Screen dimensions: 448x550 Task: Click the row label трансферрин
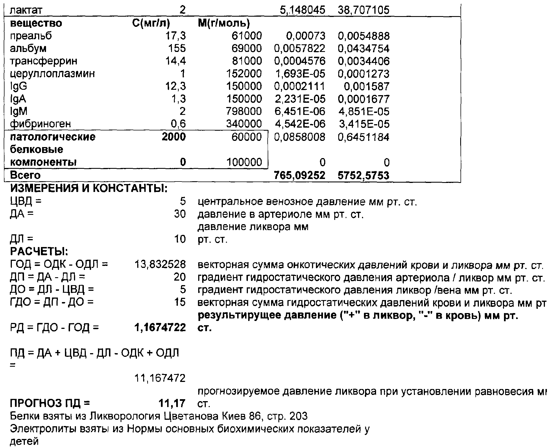point(43,61)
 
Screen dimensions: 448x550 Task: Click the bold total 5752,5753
point(363,175)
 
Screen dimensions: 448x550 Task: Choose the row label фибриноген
point(40,124)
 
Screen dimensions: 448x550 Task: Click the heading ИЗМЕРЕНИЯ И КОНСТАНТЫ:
point(89,188)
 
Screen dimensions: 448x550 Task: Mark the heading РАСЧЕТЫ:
point(39,251)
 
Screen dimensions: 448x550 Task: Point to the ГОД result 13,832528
point(160,265)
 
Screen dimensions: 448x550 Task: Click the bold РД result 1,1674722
point(160,327)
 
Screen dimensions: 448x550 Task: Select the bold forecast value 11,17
point(172,403)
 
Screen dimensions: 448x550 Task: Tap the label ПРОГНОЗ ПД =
point(50,403)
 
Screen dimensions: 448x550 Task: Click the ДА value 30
point(180,214)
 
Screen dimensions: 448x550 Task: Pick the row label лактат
point(26,11)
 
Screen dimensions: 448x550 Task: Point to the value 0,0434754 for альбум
point(363,49)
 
